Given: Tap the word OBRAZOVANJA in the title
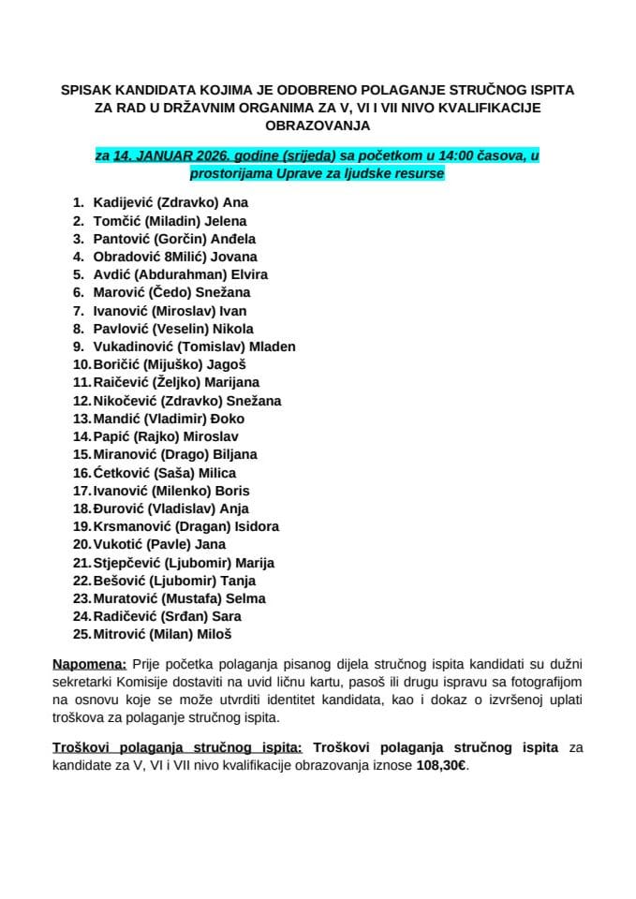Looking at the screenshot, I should click(x=318, y=125).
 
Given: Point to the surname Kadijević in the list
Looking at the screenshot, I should click(x=123, y=203).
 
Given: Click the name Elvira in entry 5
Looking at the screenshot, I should click(x=247, y=275).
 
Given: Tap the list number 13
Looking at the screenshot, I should click(x=81, y=419).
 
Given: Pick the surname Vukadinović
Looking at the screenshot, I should click(x=133, y=347).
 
